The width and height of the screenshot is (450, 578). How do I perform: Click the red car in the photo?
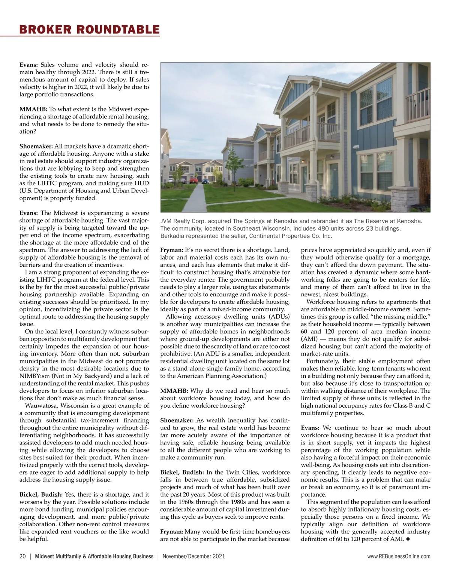[193, 180]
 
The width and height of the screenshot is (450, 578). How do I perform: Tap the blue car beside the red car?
[205, 181]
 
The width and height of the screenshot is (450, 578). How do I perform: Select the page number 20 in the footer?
[22, 556]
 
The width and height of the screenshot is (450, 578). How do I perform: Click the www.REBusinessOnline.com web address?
[399, 556]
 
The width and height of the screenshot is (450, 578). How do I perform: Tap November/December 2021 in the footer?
[194, 556]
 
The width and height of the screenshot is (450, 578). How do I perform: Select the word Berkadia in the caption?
[172, 236]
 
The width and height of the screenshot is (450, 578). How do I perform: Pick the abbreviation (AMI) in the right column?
[312, 339]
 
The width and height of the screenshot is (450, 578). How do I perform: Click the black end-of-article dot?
[407, 539]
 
